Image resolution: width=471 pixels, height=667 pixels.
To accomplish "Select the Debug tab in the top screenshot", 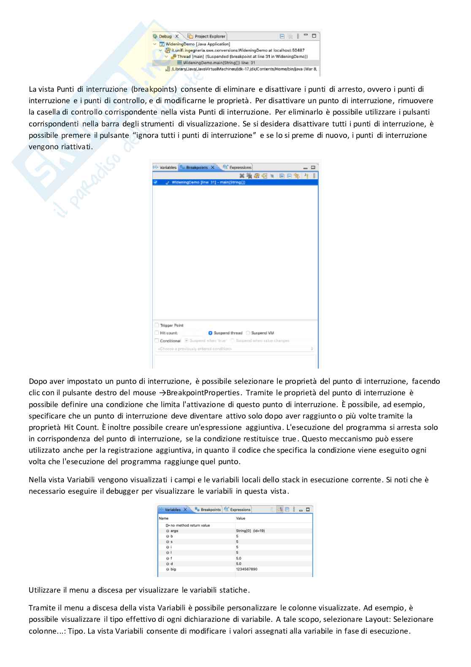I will click(165, 36).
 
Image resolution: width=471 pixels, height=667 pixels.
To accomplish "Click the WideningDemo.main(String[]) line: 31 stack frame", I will click(216, 63).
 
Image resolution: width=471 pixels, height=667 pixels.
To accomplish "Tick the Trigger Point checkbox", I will click(157, 325).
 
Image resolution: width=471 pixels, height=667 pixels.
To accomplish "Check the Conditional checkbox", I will click(157, 341).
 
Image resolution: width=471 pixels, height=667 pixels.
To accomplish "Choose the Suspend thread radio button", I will click(211, 333).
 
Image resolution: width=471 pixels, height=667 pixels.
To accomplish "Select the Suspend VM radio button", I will click(248, 333).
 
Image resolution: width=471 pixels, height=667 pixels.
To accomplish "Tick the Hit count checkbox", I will click(157, 333).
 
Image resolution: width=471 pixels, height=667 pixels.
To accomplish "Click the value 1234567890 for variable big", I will click(246, 569).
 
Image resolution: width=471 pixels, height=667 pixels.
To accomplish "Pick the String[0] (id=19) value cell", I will click(250, 530).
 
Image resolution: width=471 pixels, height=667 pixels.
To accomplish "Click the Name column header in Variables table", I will click(164, 518).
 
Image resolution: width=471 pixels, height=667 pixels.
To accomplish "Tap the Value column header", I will click(241, 518).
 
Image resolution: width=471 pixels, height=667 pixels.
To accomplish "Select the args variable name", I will click(174, 530).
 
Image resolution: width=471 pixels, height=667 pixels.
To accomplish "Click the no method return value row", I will click(189, 525).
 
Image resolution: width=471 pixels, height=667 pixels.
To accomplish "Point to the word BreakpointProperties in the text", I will click(205, 393).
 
